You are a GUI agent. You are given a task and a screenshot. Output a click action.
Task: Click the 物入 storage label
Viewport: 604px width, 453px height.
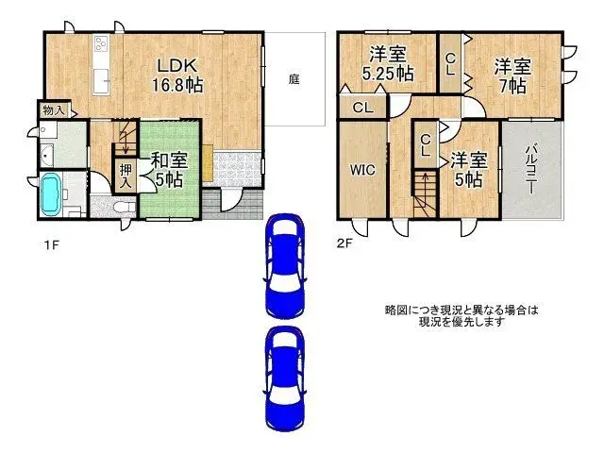click(53, 110)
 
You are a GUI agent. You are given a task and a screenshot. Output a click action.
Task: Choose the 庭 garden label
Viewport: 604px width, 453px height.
click(294, 79)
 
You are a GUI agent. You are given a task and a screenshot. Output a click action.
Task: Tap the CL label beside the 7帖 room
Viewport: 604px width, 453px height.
click(451, 64)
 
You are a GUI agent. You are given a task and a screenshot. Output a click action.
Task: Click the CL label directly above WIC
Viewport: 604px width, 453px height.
click(362, 107)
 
